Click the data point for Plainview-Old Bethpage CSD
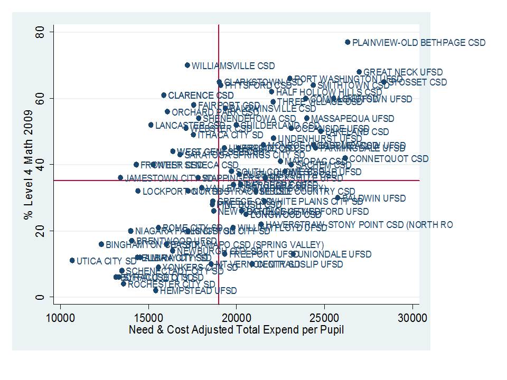click(348, 42)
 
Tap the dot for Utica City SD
click(72, 260)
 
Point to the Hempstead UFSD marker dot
click(156, 290)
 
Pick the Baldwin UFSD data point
click(337, 198)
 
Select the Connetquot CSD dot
click(345, 158)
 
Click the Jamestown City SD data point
click(120, 177)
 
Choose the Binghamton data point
click(101, 244)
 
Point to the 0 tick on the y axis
click(46, 297)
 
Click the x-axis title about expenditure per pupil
click(237, 330)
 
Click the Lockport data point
click(138, 191)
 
